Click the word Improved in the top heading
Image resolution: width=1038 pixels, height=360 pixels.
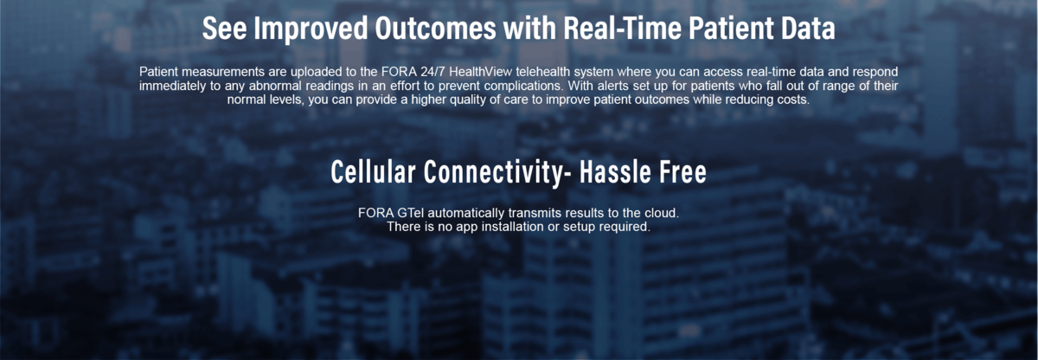point(311,29)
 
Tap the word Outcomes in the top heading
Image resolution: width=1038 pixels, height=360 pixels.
point(436,29)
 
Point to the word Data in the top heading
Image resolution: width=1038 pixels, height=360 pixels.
point(808,29)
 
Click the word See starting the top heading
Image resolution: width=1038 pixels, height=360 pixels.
point(224,29)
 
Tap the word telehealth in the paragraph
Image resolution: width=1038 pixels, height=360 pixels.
point(541,72)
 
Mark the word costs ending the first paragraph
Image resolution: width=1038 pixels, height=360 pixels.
point(794,100)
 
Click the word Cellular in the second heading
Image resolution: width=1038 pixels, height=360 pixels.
point(373,171)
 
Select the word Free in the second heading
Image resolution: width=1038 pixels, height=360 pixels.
point(676,171)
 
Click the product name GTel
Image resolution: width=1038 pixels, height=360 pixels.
point(410,213)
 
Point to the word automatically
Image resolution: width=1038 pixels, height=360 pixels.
point(465,214)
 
